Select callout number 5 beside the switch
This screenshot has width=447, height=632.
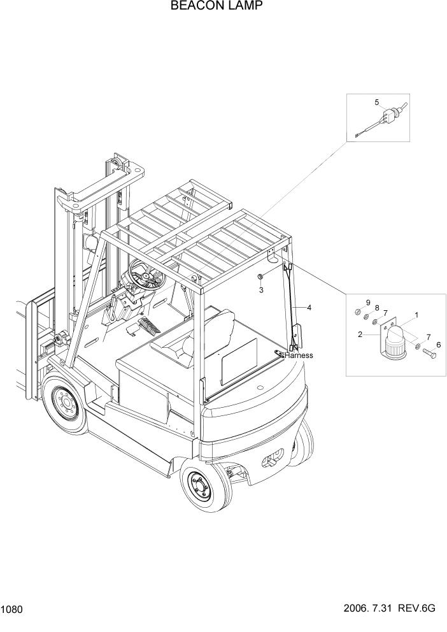(x=376, y=102)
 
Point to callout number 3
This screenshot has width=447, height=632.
(x=260, y=291)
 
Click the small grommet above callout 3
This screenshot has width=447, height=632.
(x=260, y=277)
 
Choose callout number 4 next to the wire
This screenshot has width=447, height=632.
(x=309, y=308)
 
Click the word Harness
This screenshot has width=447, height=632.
(x=299, y=355)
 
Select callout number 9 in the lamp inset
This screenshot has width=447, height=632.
(x=367, y=302)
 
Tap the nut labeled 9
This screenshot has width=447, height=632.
(x=358, y=312)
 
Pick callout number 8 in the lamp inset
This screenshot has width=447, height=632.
(x=376, y=308)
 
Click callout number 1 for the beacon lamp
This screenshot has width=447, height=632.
(x=416, y=315)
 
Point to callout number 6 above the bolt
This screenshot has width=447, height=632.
(x=438, y=344)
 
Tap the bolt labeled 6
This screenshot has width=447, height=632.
(x=429, y=352)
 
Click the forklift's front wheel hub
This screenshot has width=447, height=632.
(x=66, y=403)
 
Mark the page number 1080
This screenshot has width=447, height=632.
(x=13, y=610)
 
